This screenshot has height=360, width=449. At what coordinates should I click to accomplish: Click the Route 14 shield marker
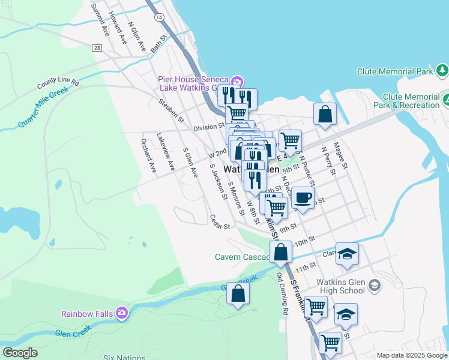coord(158,18)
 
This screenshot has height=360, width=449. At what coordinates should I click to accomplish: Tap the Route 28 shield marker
coord(97,47)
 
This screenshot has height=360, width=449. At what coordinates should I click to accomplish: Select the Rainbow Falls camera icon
coord(122,313)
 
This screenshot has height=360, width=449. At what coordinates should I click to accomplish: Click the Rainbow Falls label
coord(89,313)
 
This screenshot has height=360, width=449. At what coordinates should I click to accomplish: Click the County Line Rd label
coord(58,82)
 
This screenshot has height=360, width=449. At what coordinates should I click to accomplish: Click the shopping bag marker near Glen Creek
coord(238,294)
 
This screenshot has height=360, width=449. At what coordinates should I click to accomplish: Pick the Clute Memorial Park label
coord(395,71)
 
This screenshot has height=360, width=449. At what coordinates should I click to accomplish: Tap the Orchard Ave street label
coord(148,154)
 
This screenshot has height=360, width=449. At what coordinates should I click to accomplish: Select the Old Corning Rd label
coord(283,293)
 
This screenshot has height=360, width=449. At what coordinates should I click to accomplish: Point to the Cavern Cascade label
coord(241,257)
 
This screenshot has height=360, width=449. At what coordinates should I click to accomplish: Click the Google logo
coord(20,353)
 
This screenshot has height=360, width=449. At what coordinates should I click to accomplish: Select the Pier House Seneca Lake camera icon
coord(237,81)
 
